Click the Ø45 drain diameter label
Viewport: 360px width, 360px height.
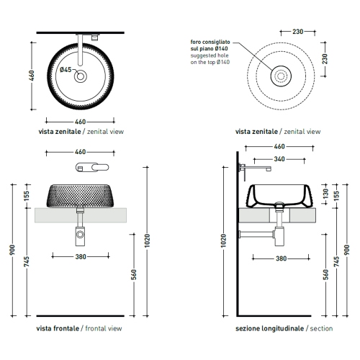66,70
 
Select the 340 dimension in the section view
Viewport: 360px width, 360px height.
279,159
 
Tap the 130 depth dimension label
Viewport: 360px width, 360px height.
325,194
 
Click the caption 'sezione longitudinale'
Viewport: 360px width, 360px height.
269,328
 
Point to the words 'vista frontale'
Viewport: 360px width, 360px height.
58,328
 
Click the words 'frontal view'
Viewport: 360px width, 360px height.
104,328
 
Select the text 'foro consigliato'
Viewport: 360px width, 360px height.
210,42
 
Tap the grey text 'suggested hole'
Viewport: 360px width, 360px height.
210,55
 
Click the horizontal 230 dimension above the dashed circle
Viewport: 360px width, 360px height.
298,32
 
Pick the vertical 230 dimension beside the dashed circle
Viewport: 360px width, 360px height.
325,59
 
